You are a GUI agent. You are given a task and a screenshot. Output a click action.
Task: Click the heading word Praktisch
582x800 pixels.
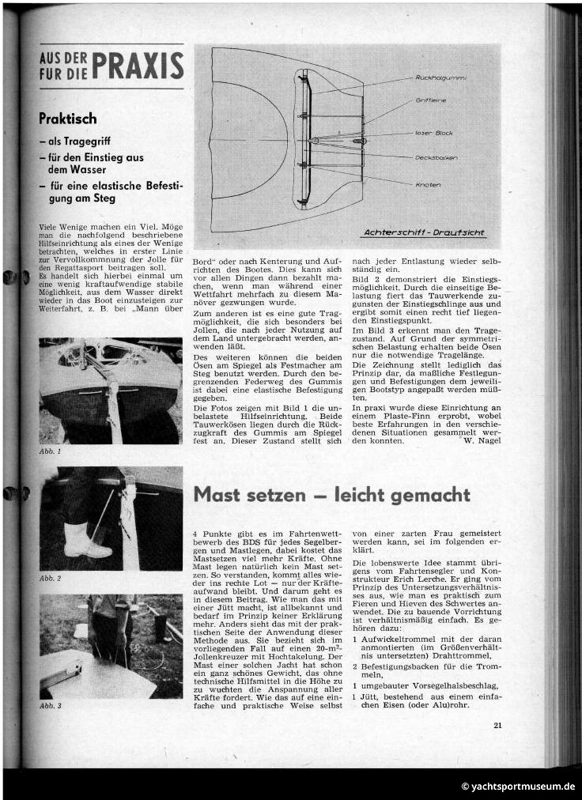[68, 119]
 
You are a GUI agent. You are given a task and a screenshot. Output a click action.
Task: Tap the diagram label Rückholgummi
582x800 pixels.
[440, 78]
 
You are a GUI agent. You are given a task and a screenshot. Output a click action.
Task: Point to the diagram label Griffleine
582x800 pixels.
[431, 101]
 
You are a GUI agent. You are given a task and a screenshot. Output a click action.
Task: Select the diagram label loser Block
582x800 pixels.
[434, 133]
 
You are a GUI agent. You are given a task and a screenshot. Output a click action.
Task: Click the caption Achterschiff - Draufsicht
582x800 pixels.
[425, 233]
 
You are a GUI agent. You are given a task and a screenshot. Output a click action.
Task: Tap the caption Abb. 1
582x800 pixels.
[50, 451]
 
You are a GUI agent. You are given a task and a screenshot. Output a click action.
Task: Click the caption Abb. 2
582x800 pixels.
[50, 579]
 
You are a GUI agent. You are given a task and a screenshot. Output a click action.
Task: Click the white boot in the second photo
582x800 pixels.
[84, 538]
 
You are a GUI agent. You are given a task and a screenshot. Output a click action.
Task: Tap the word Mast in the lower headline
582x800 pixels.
[221, 495]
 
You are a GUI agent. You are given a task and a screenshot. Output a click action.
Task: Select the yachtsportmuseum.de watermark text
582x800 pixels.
[518, 787]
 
